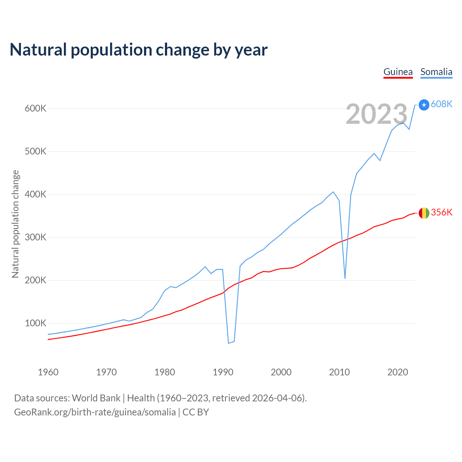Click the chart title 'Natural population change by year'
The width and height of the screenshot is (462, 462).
click(x=139, y=50)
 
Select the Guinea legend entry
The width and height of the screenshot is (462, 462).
click(x=398, y=72)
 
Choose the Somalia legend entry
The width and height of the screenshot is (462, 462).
click(x=436, y=72)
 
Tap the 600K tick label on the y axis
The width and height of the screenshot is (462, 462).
click(x=35, y=108)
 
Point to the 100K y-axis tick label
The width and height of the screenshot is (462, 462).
click(x=35, y=323)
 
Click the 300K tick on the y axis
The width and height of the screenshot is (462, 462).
click(x=35, y=237)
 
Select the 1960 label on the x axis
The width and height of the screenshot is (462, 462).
click(x=48, y=372)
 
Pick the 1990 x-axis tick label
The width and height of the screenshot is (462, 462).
click(x=223, y=372)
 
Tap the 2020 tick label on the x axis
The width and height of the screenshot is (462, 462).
click(x=397, y=372)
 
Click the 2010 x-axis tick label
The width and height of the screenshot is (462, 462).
click(x=339, y=372)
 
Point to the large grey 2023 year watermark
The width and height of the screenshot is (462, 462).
click(x=376, y=114)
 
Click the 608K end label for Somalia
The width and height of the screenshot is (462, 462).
click(x=441, y=104)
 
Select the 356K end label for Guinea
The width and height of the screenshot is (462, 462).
click(x=441, y=212)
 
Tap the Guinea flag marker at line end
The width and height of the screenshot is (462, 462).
click(x=424, y=213)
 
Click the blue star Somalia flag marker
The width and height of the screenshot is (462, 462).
click(x=424, y=105)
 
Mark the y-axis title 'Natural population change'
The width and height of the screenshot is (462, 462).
click(x=16, y=224)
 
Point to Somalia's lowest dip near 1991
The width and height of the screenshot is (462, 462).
click(x=228, y=343)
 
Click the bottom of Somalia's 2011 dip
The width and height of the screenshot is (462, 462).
click(x=345, y=278)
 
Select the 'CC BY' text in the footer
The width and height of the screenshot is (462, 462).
click(x=196, y=412)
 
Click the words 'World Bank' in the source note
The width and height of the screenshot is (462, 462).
click(x=96, y=398)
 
